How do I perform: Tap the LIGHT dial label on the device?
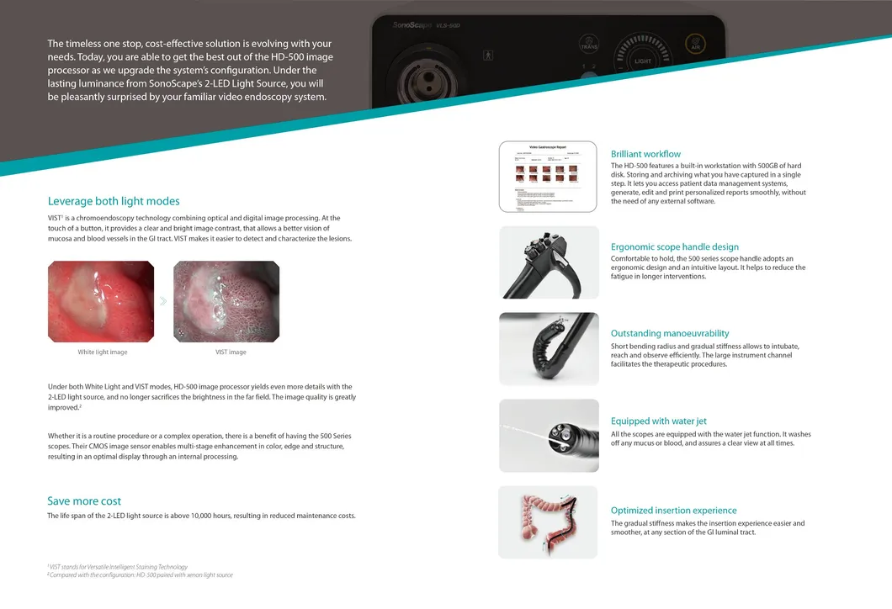[643, 61]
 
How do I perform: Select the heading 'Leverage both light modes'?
[114, 201]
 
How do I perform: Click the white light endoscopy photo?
[101, 301]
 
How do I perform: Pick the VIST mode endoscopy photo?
[226, 301]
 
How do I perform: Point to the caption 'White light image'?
[103, 352]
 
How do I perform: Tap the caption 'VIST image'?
[231, 352]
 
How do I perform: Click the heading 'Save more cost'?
[84, 501]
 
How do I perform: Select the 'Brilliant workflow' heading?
[645, 154]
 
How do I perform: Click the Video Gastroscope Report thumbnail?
[548, 177]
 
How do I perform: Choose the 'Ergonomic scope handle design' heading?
[674, 247]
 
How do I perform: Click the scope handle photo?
[549, 262]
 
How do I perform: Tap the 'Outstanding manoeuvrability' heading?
[670, 334]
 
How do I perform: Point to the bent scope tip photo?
[549, 349]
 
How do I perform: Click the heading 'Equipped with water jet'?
[658, 421]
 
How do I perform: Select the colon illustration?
[548, 522]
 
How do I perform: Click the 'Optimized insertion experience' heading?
[673, 511]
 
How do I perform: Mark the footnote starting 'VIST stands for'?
[118, 567]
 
